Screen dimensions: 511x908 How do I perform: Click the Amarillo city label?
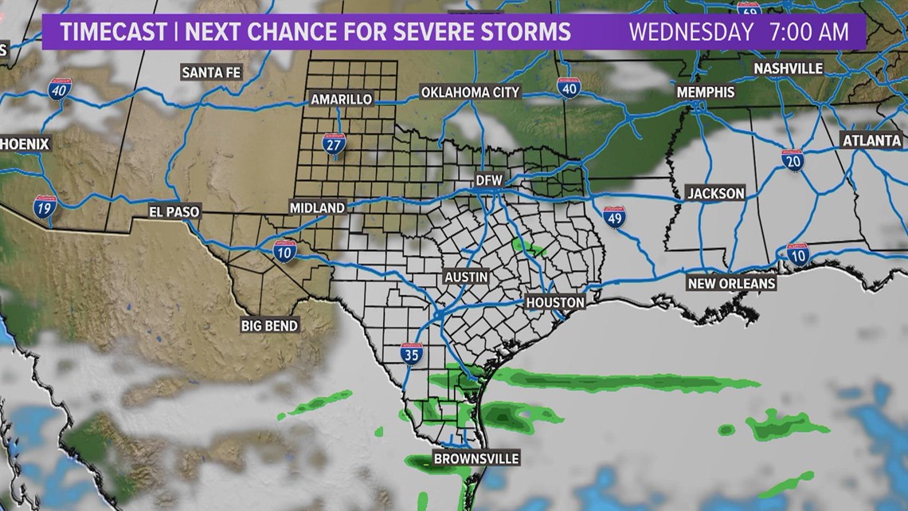point(341,99)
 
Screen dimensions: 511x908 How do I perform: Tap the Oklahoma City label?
point(470,92)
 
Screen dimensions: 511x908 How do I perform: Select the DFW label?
point(490,180)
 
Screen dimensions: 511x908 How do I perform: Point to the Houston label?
point(555,303)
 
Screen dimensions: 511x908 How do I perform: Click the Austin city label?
point(466,277)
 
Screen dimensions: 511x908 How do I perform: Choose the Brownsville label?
point(476,459)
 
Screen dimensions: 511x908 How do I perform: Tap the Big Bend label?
point(270,325)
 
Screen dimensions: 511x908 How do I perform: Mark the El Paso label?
point(174,212)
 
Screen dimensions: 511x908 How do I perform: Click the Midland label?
point(317,207)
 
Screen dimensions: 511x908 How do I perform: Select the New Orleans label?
point(732,284)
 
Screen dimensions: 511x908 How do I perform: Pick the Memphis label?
point(706,92)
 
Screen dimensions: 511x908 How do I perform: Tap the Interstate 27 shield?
point(334,143)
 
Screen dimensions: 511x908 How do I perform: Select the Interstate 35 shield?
point(411,355)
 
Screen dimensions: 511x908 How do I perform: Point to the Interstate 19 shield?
point(45,209)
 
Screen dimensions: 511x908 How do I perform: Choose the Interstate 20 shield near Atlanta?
point(792,160)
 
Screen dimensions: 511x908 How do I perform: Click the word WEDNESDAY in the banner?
point(691,33)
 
